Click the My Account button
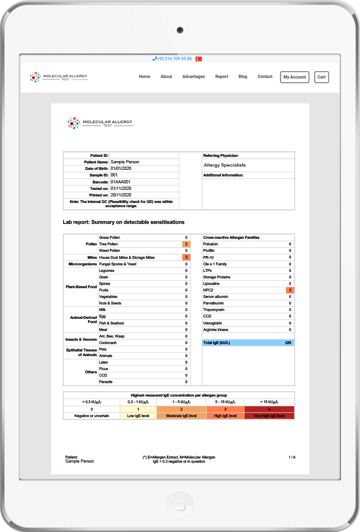294,77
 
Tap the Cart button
321,77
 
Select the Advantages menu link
193,77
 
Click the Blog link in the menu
243,77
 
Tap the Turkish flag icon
198,59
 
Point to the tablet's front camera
180,30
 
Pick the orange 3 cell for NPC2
290,290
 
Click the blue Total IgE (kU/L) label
217,343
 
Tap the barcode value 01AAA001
120,182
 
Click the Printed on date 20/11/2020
121,195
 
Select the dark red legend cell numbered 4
269,409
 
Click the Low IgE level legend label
138,416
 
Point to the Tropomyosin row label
214,310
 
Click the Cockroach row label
108,343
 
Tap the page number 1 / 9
292,458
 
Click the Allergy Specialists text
224,165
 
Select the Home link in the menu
144,77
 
